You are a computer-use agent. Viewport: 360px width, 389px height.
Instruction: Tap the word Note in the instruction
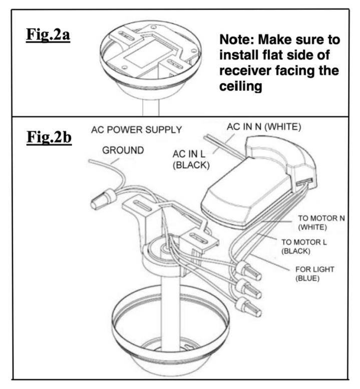[238, 40]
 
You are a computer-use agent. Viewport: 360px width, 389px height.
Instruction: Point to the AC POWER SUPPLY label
[136, 130]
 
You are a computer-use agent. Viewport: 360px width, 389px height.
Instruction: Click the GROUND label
[122, 150]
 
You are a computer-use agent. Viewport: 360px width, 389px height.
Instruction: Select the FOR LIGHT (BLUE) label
[314, 273]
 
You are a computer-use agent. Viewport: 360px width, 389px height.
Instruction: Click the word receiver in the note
[246, 71]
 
